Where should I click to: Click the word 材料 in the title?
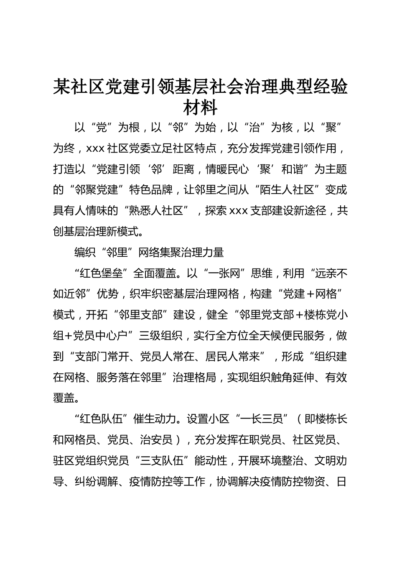[200, 108]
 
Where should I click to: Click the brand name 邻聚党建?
[97, 190]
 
